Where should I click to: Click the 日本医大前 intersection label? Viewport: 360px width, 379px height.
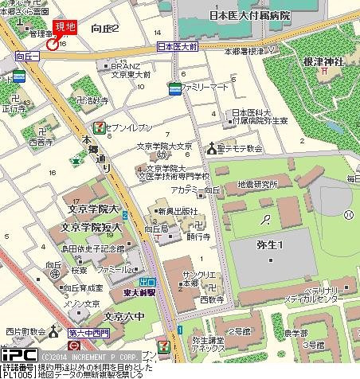178,47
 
